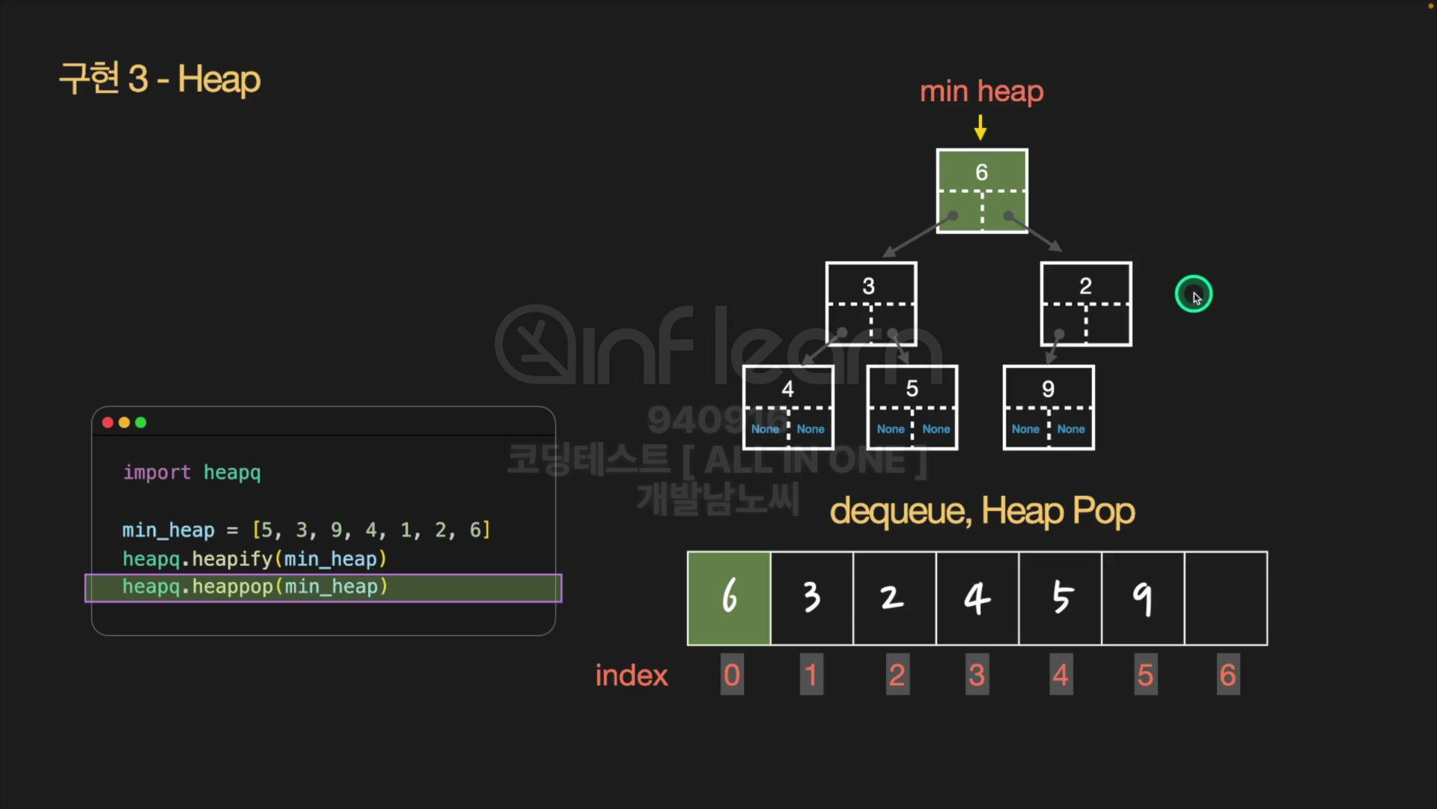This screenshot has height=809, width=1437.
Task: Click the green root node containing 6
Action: (x=982, y=190)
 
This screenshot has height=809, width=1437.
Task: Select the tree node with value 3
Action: (x=870, y=303)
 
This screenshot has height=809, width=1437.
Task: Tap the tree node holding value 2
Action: (x=1086, y=303)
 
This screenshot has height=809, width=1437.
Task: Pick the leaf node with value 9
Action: (x=1049, y=407)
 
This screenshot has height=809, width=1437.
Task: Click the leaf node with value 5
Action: (x=912, y=407)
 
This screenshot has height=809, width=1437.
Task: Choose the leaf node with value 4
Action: (x=788, y=407)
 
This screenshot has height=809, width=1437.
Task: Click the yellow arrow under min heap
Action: (x=980, y=127)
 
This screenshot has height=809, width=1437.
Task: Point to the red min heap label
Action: (x=981, y=91)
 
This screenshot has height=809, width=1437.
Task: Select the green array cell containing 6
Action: (x=729, y=598)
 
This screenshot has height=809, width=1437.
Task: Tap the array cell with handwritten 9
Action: (x=1143, y=598)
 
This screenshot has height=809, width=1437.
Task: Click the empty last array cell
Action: (x=1226, y=598)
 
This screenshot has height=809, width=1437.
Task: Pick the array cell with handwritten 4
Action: (x=977, y=598)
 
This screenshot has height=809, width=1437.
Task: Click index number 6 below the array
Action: (x=1227, y=675)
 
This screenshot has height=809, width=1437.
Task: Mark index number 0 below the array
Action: (x=732, y=675)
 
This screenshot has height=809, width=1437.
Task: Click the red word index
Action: (x=631, y=676)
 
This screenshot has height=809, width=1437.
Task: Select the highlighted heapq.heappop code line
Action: (x=323, y=587)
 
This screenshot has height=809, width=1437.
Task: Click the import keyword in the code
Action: (x=157, y=473)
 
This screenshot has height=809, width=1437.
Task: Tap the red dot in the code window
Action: (x=108, y=422)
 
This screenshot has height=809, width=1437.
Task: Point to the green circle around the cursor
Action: (x=1193, y=294)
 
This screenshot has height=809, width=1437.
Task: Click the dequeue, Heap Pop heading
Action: (x=982, y=512)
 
